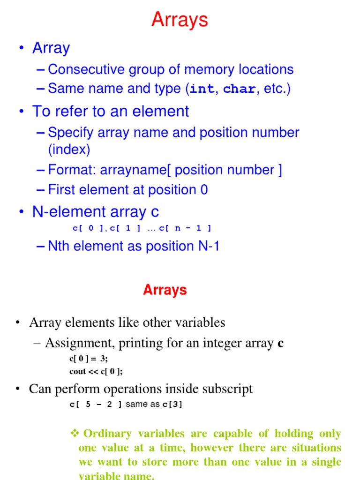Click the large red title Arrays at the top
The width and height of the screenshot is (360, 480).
(x=180, y=20)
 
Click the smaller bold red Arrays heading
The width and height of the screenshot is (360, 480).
(x=165, y=290)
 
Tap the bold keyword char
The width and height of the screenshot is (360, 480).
(x=240, y=89)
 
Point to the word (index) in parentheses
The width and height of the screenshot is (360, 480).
(x=69, y=150)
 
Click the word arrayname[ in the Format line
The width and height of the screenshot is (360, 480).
(x=137, y=170)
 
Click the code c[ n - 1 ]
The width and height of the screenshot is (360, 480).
(x=185, y=228)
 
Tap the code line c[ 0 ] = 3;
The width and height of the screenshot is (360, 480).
(x=88, y=359)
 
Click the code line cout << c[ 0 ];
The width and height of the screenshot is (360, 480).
(x=96, y=371)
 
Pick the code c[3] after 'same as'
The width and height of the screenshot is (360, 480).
(x=172, y=404)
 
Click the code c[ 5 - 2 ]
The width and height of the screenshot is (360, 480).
(x=95, y=404)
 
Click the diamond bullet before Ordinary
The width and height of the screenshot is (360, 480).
(x=74, y=433)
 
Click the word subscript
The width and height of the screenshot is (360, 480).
(x=229, y=389)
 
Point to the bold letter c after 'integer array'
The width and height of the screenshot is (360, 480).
(x=280, y=344)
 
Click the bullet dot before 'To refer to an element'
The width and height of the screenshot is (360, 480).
(x=21, y=112)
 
